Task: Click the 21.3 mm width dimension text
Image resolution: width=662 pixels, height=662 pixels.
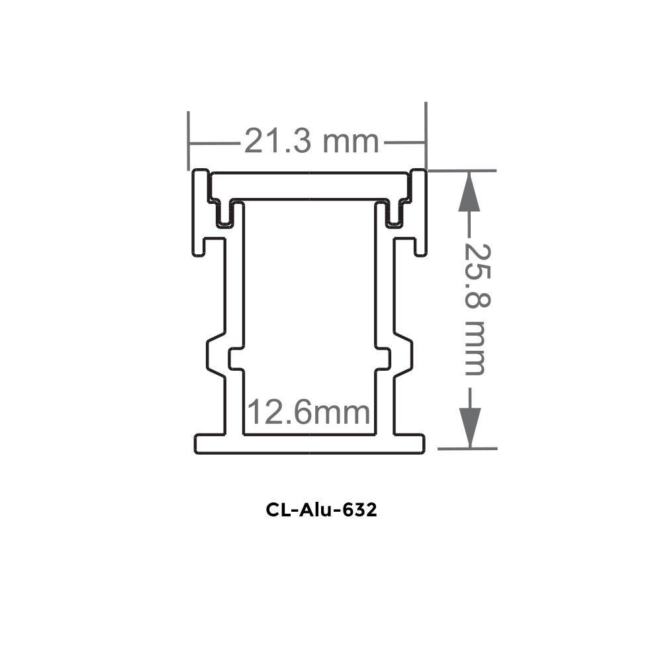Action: coord(311,142)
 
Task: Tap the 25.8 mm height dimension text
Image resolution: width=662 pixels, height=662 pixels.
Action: coord(475,309)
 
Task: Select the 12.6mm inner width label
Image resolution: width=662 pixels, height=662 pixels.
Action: coord(308,413)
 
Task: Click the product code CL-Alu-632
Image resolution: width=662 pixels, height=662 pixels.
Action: coord(322,510)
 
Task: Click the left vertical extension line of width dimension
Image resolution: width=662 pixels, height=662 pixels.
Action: coord(189,139)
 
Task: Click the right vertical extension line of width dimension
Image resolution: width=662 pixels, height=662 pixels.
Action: coord(426,136)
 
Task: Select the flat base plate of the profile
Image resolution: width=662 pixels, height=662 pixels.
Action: coord(309,444)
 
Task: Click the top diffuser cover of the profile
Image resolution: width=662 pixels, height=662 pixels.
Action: coord(309,185)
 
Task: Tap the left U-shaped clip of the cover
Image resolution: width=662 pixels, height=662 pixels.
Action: coord(225,213)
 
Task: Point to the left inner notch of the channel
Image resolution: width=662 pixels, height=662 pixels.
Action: coord(235,358)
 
